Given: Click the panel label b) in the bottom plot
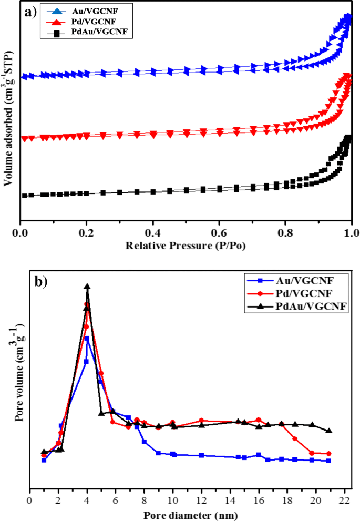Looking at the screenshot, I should (41, 281).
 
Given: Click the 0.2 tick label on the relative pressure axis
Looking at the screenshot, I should (86, 233).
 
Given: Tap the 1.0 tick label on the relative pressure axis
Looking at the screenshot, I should (351, 233).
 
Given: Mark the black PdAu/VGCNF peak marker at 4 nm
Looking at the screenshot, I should (87, 287).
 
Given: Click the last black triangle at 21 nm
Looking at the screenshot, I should (329, 431).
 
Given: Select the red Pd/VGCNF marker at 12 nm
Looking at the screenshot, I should (201, 421).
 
